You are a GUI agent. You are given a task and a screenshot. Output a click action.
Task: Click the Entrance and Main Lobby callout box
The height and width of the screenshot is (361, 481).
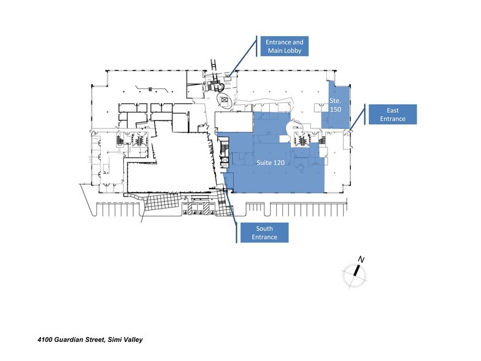coord(285,46)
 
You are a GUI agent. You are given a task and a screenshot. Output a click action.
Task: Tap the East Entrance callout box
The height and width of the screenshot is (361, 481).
coord(392,114)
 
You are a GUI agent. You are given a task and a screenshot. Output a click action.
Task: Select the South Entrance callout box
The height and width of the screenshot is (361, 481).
coord(263,233)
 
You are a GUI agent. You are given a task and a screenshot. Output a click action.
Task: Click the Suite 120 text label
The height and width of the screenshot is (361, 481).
coord(271,163)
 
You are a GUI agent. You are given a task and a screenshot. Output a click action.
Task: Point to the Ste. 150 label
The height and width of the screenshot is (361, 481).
coord(336,104)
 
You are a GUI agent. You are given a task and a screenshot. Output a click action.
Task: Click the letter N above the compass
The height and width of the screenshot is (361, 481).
coord(361,260)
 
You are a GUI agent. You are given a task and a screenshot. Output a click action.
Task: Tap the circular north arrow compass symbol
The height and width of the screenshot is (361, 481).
coord(354,274)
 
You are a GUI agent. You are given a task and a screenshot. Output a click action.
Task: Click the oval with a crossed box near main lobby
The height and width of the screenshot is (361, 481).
coord(225,99)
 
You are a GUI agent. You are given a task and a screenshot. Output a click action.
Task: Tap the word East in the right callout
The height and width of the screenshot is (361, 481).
coord(393,110)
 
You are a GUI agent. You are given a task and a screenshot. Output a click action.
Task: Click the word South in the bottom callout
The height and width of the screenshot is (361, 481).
coord(263,228)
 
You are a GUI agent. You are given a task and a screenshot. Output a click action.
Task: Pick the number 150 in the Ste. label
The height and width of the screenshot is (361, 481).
coord(336,108)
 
